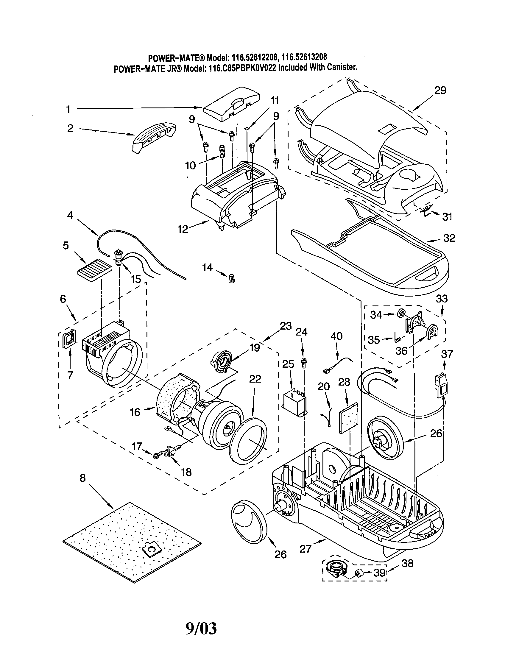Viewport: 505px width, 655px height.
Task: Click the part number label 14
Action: pyautogui.click(x=207, y=267)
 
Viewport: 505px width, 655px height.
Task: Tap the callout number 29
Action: pyautogui.click(x=440, y=90)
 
